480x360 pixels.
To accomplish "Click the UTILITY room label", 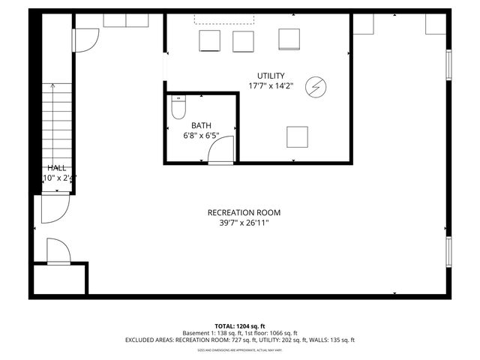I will click(271, 76).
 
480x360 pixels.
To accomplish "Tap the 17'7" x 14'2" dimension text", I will click(271, 85).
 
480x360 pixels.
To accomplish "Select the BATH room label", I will click(201, 126).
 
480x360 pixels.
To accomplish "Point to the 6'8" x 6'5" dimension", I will click(201, 136).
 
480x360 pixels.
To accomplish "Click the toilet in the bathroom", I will click(178, 109).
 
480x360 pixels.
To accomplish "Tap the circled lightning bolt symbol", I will click(316, 87).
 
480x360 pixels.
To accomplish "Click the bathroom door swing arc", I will click(220, 151).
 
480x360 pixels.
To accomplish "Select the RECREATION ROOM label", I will click(244, 212).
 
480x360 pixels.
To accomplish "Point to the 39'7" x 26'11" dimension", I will click(244, 222).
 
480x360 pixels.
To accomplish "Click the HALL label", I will click(56, 168).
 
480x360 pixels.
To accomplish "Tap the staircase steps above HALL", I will click(52, 120).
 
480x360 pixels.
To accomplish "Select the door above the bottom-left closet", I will click(58, 250).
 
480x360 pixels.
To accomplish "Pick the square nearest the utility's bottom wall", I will click(298, 137).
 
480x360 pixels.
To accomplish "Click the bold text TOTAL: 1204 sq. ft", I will click(240, 326).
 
